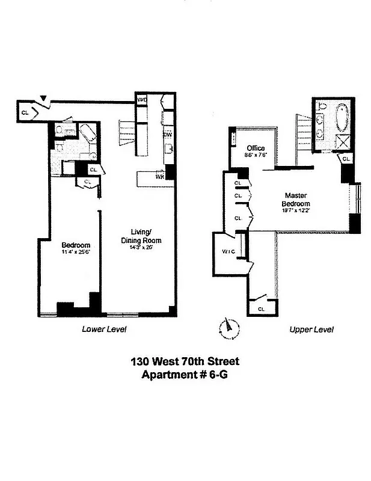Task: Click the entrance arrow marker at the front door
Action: (x=44, y=99)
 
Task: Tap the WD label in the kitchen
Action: (x=143, y=100)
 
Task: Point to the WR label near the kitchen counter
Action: (x=160, y=177)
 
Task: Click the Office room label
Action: (x=256, y=148)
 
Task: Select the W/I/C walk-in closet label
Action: (x=227, y=251)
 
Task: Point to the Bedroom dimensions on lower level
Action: (x=76, y=253)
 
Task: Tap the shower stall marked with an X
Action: (x=342, y=142)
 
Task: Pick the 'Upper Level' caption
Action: (x=311, y=329)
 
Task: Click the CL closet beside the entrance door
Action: (x=25, y=112)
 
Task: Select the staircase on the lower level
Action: (x=128, y=130)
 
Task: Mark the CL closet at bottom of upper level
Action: (x=260, y=308)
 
